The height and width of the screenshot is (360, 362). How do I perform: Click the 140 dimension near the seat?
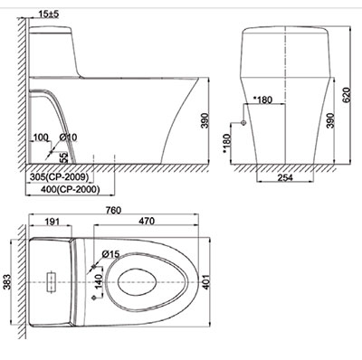coord(97,282)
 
